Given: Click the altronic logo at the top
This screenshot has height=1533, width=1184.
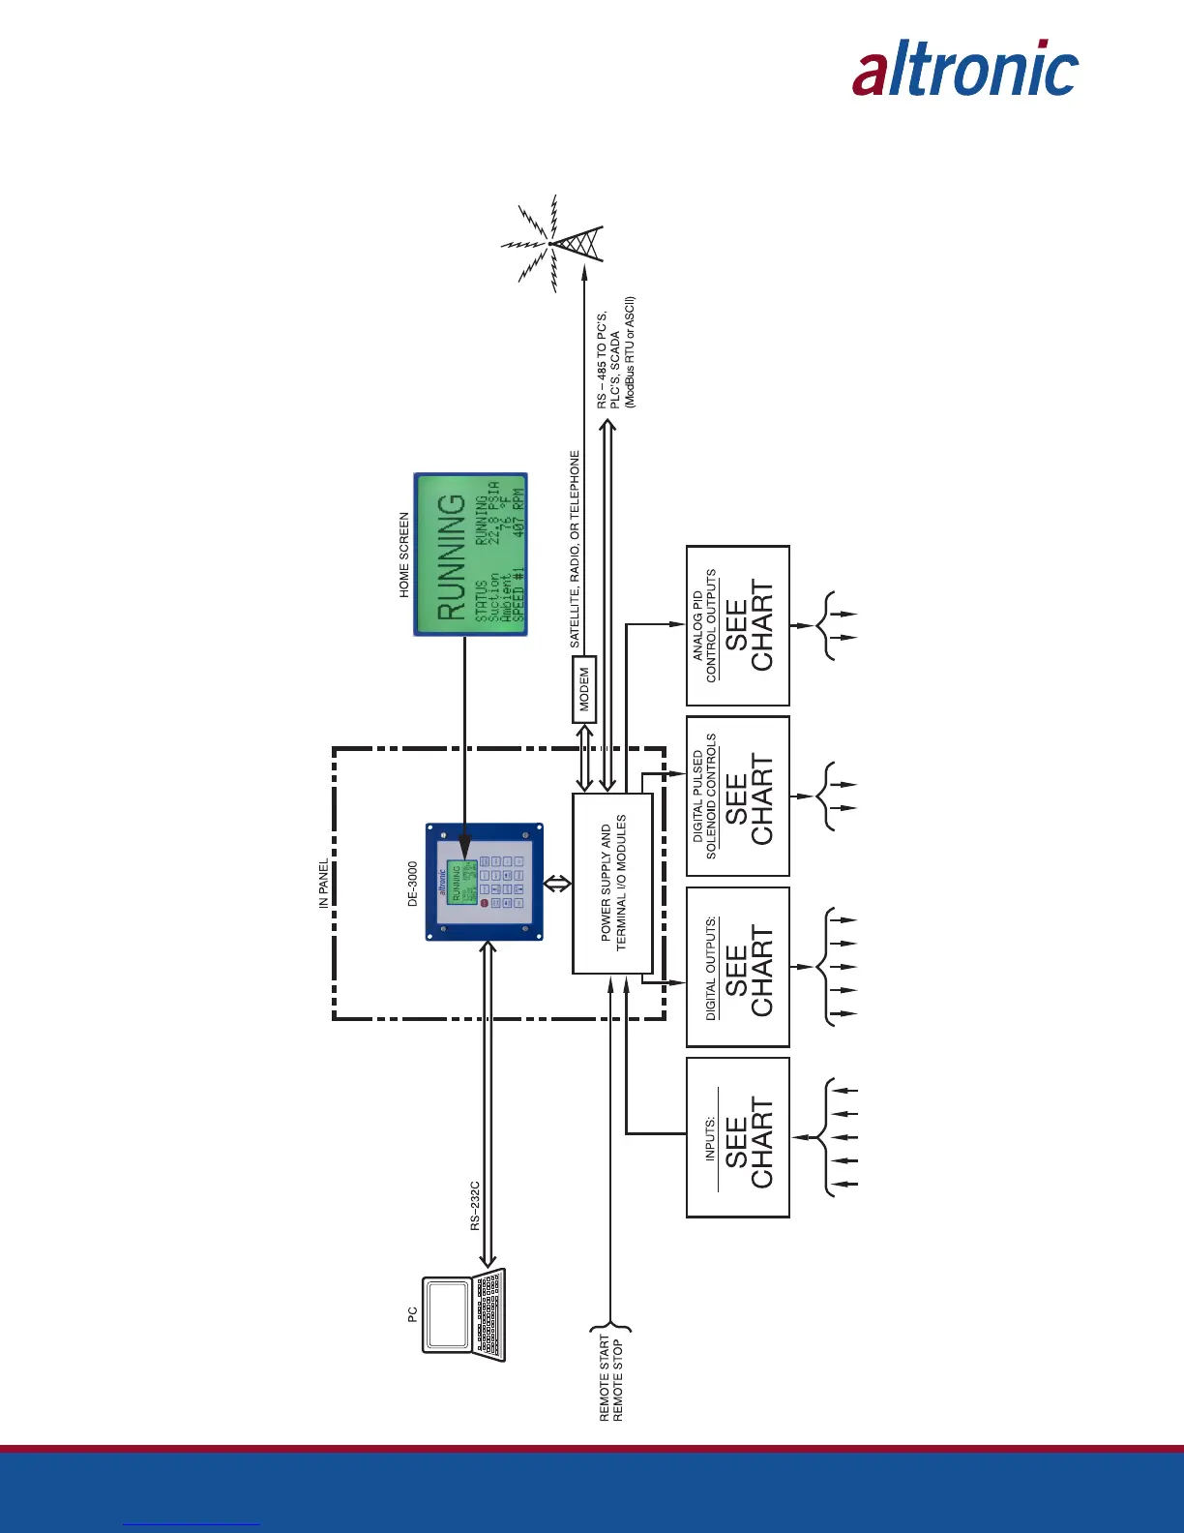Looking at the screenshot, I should (x=964, y=69).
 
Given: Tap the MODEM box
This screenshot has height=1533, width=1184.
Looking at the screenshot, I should (x=584, y=689).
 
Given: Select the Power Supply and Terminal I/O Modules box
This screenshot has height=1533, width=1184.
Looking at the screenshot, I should (x=612, y=883).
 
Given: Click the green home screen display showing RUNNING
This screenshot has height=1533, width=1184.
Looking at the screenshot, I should (x=471, y=554).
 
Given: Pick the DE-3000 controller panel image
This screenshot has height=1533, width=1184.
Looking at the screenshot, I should (x=485, y=882).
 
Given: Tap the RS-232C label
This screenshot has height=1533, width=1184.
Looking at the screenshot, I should (x=475, y=1205).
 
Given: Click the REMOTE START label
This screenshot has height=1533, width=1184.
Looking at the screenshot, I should (x=605, y=1378).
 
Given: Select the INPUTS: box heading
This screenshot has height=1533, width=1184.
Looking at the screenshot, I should (x=710, y=1138).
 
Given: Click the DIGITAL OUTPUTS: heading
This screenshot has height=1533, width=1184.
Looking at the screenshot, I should (x=711, y=968).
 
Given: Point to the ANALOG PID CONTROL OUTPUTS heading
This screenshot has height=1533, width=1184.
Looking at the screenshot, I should (x=704, y=626).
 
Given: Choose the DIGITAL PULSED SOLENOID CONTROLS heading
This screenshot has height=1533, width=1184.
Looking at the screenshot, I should (x=704, y=796).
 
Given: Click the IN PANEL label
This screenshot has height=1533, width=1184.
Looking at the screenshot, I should (x=324, y=884).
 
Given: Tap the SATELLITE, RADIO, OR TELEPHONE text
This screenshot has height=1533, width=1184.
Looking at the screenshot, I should (x=575, y=549).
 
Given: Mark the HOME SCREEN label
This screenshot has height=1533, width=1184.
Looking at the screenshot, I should (x=404, y=555).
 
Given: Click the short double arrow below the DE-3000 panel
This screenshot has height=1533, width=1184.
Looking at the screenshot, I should (x=557, y=883).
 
